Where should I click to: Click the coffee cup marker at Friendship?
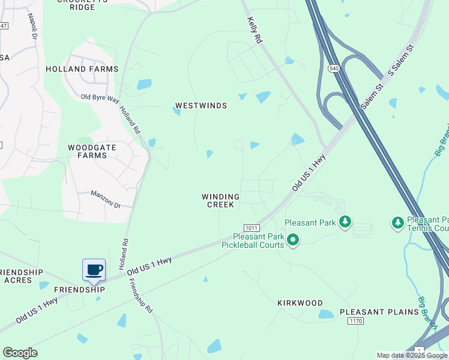point(94,269)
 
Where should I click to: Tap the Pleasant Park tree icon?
point(345,223)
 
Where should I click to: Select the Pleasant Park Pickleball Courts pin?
point(293,241)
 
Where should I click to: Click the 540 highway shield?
point(334,69)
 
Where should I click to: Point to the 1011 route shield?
point(252,228)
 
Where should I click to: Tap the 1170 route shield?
point(355,322)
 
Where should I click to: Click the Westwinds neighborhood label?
point(201,106)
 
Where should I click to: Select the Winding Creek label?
point(220,200)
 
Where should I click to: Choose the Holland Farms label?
point(82,69)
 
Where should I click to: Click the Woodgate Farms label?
point(88,151)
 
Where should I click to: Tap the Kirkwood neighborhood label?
point(300,303)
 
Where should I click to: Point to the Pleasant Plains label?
point(379,312)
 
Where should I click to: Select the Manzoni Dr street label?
point(106,199)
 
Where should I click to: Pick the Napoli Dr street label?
point(32,27)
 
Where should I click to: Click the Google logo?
point(20,353)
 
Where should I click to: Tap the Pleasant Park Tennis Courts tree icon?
point(397,223)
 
